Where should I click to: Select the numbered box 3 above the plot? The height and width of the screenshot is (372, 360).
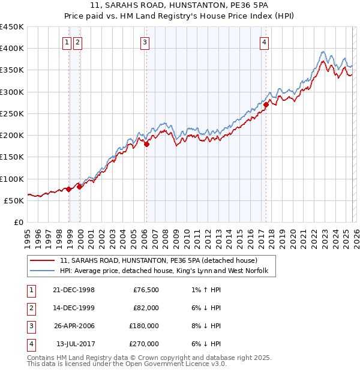145,42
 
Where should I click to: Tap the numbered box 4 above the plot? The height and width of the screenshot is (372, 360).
264,42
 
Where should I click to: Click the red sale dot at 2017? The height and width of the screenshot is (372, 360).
266,104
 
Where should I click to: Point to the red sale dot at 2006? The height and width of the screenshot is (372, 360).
146,143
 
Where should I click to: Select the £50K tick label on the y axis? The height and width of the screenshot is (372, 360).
14,200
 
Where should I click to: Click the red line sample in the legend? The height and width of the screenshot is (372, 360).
43,261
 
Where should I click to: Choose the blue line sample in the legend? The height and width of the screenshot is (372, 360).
43,271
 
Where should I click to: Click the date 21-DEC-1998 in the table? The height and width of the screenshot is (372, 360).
74,290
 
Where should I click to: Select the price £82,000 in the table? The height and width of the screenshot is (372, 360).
146,308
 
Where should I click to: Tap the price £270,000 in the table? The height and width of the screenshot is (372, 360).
144,344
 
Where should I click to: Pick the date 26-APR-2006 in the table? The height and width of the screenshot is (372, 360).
74,326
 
